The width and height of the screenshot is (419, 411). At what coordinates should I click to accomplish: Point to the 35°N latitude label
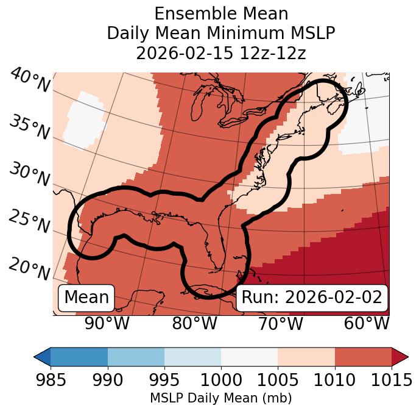click(x=29, y=127)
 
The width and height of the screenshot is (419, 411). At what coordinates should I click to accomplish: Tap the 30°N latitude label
click(x=29, y=175)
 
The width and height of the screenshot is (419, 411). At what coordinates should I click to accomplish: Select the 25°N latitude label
click(x=29, y=222)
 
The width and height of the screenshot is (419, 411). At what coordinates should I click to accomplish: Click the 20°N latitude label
click(x=29, y=268)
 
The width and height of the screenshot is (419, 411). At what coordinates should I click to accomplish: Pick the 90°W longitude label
click(x=107, y=323)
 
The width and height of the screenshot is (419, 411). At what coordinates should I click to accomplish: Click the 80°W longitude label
click(x=195, y=323)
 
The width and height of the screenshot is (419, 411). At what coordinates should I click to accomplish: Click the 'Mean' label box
click(x=86, y=298)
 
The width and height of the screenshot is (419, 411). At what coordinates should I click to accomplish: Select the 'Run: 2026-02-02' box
click(x=312, y=298)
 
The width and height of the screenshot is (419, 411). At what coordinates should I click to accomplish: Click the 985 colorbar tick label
click(x=51, y=380)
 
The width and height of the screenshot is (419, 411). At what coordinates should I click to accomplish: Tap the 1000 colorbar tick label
click(x=221, y=380)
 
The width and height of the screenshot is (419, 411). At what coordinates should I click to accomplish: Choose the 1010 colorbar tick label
click(x=334, y=380)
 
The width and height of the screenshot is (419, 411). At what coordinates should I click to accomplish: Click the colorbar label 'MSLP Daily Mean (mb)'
click(x=220, y=398)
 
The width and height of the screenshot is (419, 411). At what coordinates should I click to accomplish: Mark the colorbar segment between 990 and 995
click(x=136, y=357)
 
